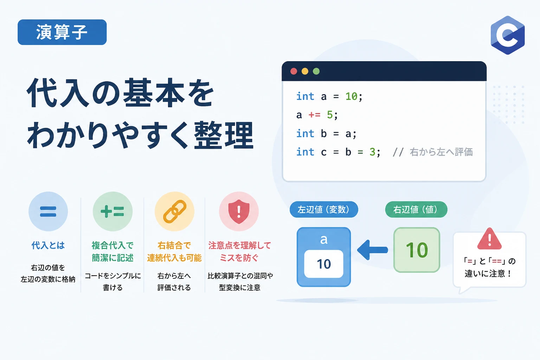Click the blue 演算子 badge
(x=62, y=32)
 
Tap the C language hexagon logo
(x=508, y=35)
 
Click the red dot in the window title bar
(x=294, y=71)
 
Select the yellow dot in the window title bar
(x=305, y=71)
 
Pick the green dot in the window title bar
(x=316, y=71)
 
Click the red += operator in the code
(x=314, y=115)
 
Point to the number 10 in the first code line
(x=351, y=96)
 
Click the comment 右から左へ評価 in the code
(x=441, y=152)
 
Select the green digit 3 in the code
(x=372, y=152)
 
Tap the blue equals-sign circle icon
(x=48, y=212)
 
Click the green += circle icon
(x=112, y=212)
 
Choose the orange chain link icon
(x=174, y=212)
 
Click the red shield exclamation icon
(x=239, y=212)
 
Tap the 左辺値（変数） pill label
(x=324, y=209)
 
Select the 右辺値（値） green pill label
(x=416, y=209)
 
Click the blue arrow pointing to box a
(x=372, y=250)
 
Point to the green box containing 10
(x=417, y=250)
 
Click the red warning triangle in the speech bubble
(x=489, y=239)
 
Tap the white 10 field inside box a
(x=323, y=264)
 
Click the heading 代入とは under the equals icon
(x=48, y=245)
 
